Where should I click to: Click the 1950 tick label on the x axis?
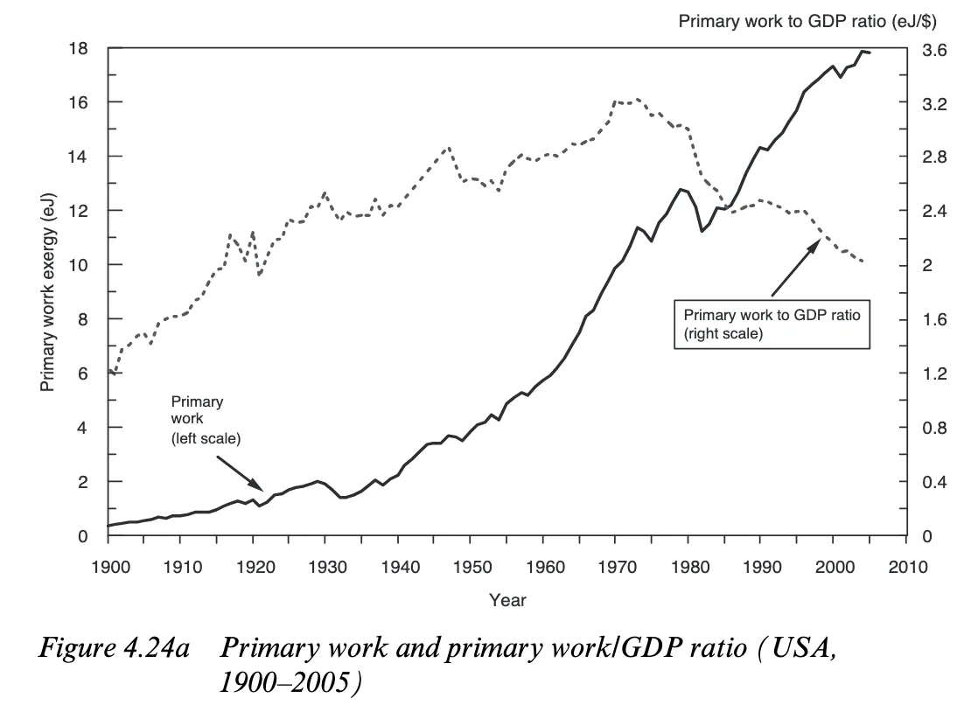[x=471, y=568]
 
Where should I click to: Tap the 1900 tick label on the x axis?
[x=108, y=568]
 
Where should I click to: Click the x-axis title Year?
[x=507, y=600]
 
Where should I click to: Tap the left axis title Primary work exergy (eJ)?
[x=48, y=293]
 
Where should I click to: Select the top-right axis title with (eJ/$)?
[x=796, y=22]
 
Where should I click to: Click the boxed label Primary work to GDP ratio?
[x=772, y=324]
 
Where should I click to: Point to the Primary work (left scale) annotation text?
[x=203, y=420]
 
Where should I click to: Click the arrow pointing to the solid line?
[x=238, y=471]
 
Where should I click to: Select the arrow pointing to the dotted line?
[x=794, y=268]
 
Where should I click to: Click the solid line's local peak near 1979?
[x=680, y=189]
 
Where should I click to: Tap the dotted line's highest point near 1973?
[x=637, y=100]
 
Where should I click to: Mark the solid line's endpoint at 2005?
[x=870, y=53]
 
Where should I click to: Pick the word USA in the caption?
[x=798, y=648]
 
